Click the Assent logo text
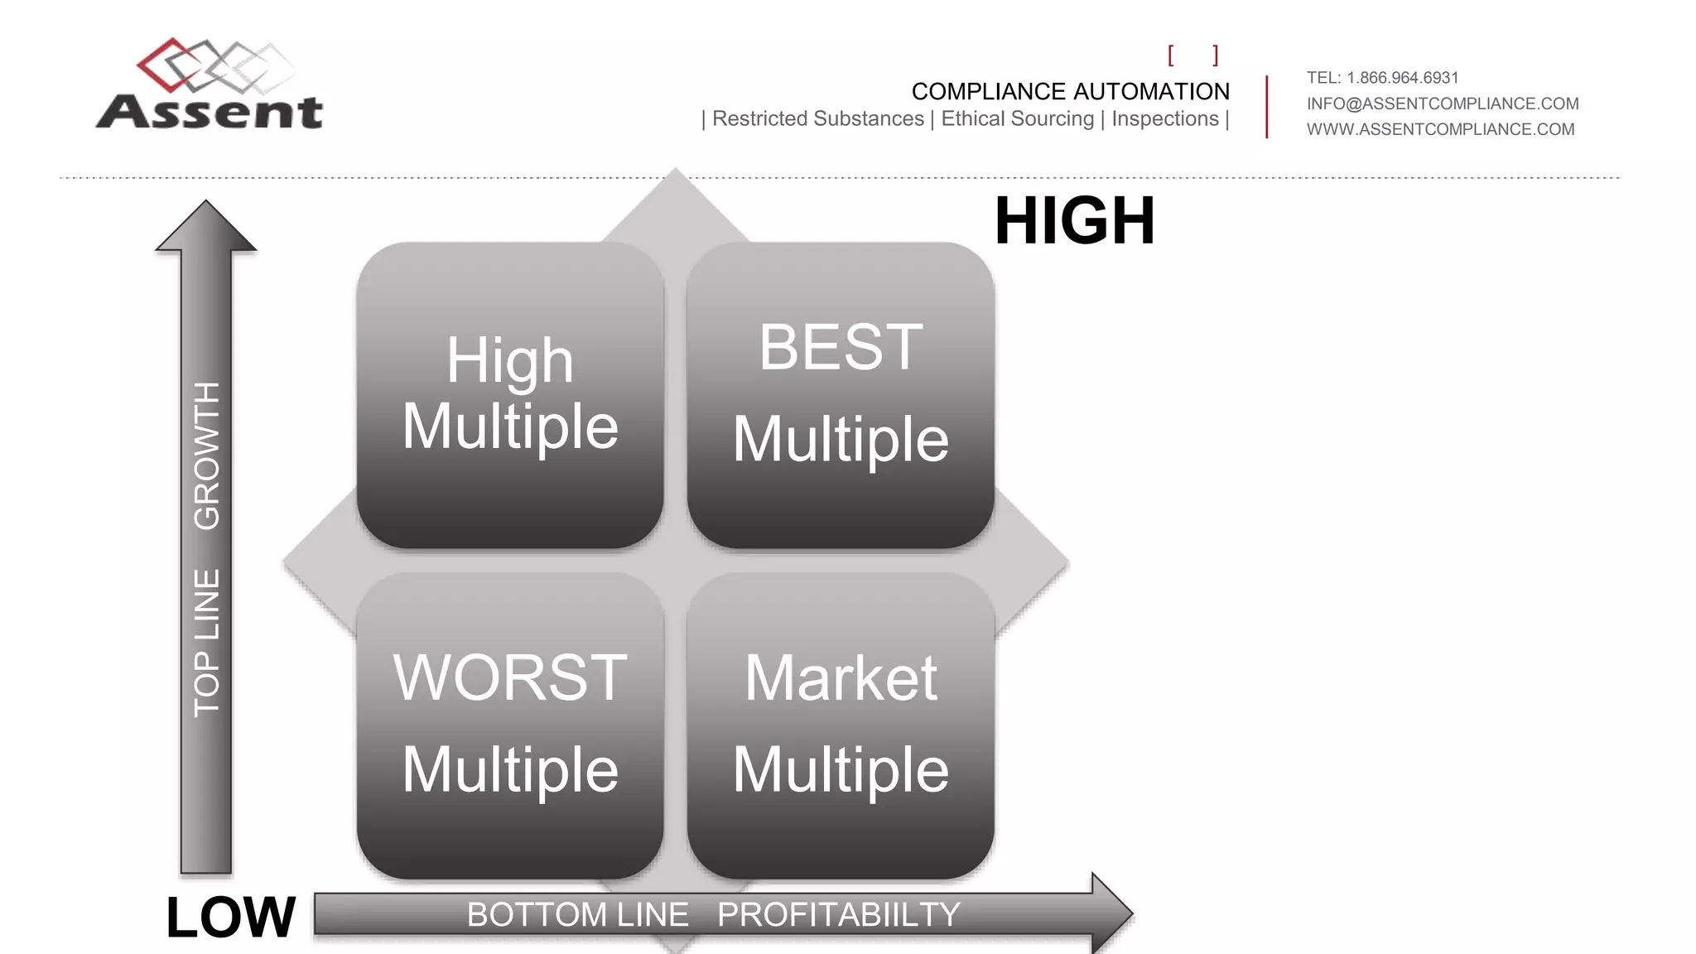pyautogui.click(x=210, y=112)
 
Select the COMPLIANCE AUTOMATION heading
pyautogui.click(x=1070, y=91)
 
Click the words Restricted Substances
pyautogui.click(x=817, y=119)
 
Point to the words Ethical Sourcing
pyautogui.click(x=1017, y=119)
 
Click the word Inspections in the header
pyautogui.click(x=1164, y=119)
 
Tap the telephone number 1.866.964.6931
pyautogui.click(x=1402, y=78)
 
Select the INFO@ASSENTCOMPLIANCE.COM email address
pyautogui.click(x=1442, y=104)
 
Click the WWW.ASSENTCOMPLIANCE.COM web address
pyautogui.click(x=1440, y=129)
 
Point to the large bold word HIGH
pyautogui.click(x=1074, y=221)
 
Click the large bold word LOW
pyautogui.click(x=230, y=918)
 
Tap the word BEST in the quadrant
pyautogui.click(x=841, y=348)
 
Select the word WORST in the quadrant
pyautogui.click(x=510, y=677)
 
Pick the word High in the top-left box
pyautogui.click(x=510, y=361)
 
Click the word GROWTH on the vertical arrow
pyautogui.click(x=207, y=455)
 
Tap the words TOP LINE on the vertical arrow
pyautogui.click(x=207, y=642)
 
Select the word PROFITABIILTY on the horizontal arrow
pyautogui.click(x=838, y=915)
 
